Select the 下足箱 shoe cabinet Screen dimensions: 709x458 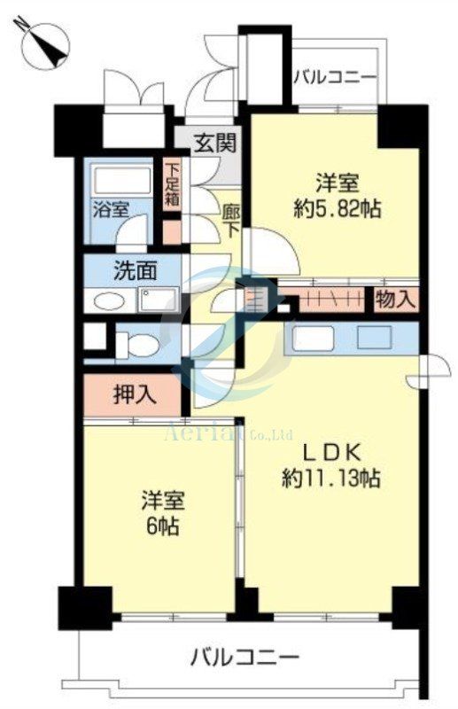(172, 184)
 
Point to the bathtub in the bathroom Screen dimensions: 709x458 (122, 181)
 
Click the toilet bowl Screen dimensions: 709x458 (138, 343)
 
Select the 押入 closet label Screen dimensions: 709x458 (135, 394)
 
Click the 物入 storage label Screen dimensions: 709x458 (394, 300)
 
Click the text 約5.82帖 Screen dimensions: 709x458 (337, 210)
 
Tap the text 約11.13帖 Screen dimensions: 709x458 (330, 479)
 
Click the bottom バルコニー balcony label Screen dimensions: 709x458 (245, 657)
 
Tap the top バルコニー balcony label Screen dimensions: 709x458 (335, 76)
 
